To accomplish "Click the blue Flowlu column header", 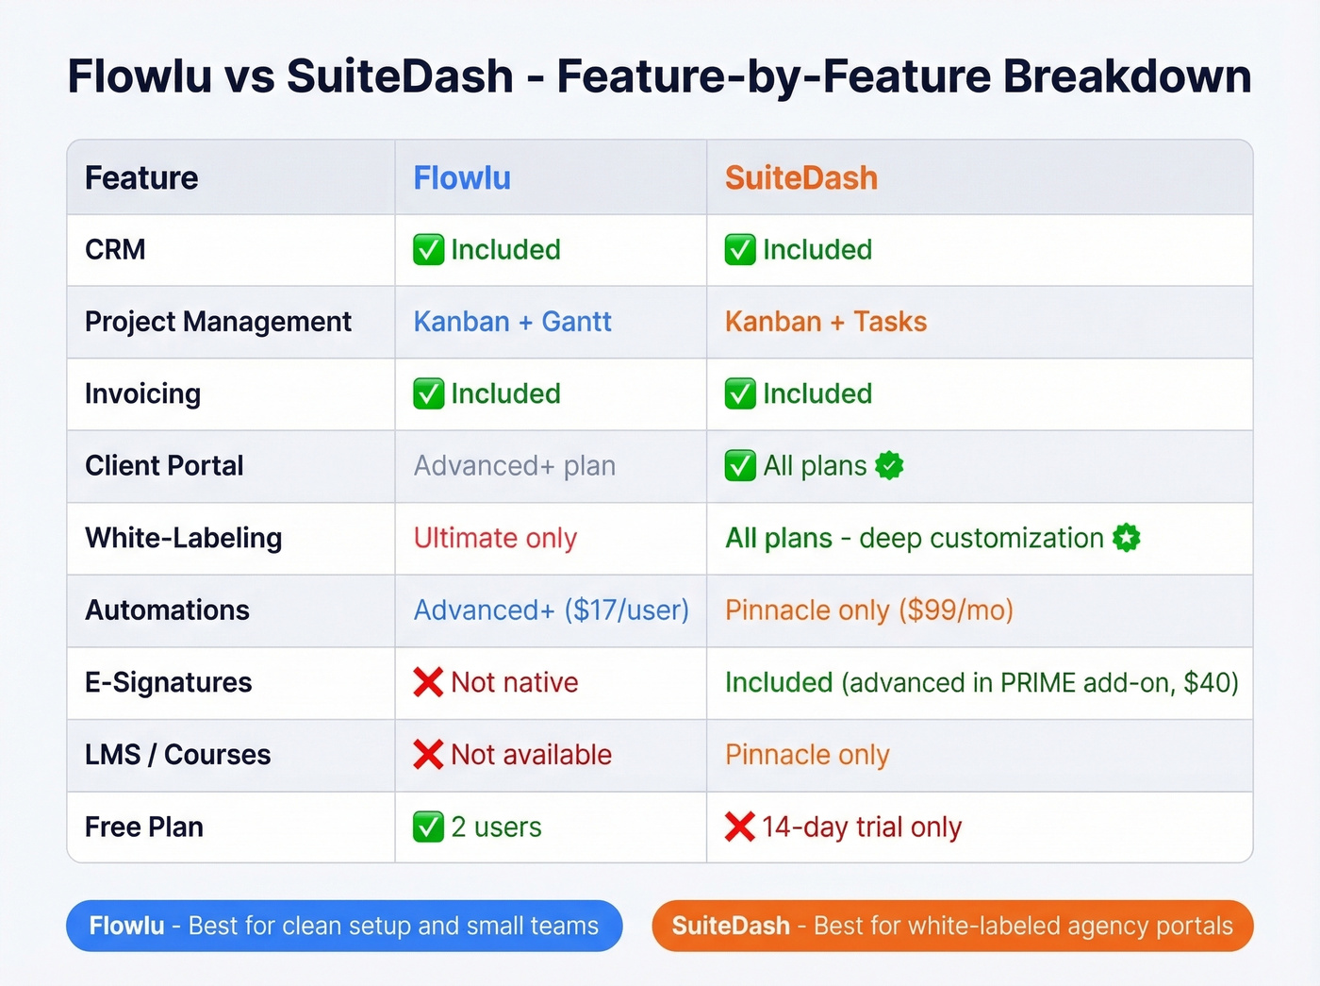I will tap(462, 177).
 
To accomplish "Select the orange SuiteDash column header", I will tap(800, 177).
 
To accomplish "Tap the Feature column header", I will tap(141, 177).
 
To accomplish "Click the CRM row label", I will tap(115, 250).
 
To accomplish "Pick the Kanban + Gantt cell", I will tap(512, 322).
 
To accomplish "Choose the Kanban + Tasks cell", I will tap(825, 322).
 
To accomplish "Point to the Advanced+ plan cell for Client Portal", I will tap(514, 466).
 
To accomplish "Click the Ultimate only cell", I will tap(495, 538).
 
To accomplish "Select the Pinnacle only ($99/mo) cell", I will tap(868, 610).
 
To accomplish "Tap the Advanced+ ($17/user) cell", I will tap(551, 610).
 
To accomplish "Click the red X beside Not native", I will tap(428, 682).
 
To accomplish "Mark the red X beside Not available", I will tap(428, 755).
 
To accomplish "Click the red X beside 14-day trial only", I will tap(740, 827).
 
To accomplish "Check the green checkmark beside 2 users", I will tap(428, 827).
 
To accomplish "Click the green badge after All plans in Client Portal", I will tap(889, 465).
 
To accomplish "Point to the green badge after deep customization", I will tap(1127, 538).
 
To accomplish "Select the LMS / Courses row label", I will tap(177, 755).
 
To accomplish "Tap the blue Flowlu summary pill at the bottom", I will tap(344, 926).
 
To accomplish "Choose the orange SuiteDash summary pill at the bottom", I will tap(952, 926).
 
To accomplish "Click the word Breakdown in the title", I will tap(1127, 76).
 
